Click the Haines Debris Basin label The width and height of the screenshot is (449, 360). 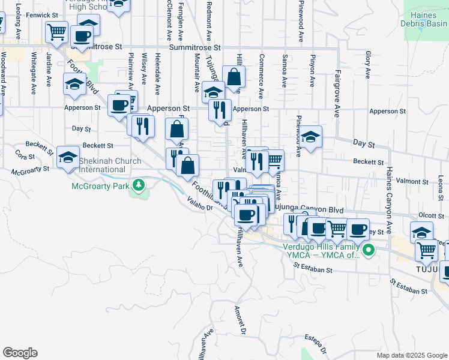[426, 19]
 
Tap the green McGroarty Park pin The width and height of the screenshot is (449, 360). [139, 184]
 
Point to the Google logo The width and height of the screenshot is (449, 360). [20, 353]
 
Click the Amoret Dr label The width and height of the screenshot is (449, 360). [240, 320]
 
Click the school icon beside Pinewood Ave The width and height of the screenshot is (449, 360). [310, 137]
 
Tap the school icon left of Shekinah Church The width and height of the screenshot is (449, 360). [68, 158]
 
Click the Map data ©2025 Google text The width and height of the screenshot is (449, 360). [412, 355]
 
